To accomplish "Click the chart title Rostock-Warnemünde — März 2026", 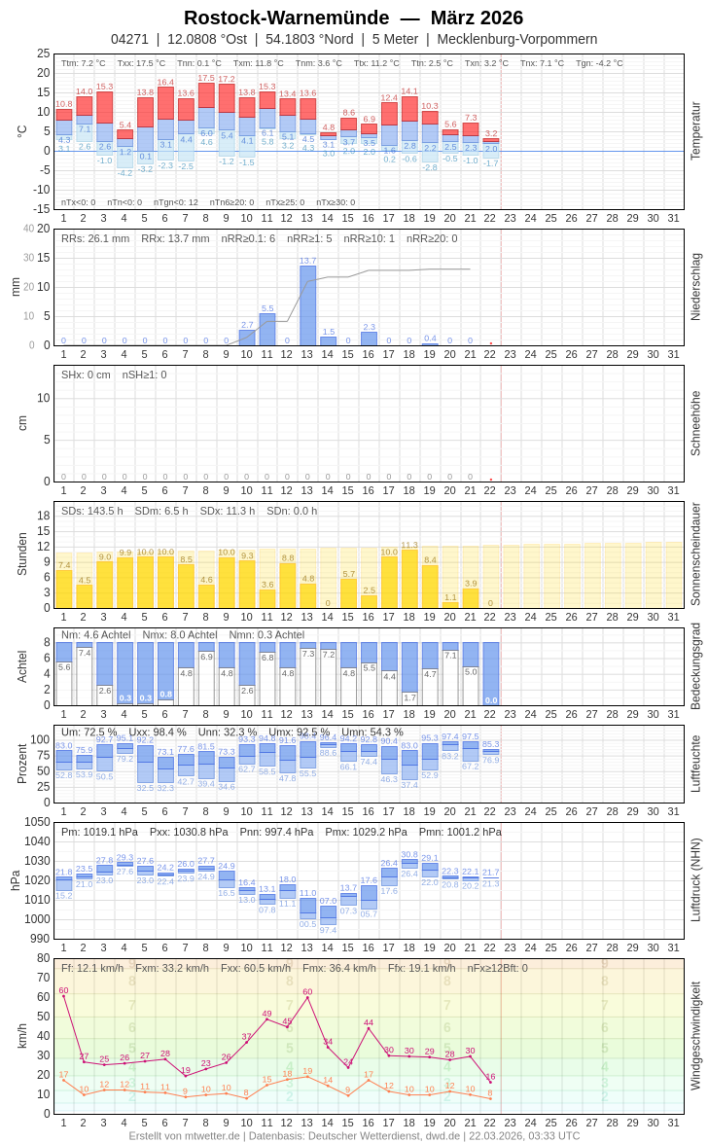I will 353,18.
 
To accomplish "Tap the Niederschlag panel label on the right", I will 695,287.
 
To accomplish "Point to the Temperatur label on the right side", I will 695,131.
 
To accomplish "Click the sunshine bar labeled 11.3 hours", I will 409,579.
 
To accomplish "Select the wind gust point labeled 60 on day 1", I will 63,996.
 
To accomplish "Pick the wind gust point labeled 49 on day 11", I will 267,1018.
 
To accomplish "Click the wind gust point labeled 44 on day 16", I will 369,1028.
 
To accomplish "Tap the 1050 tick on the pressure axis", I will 37,822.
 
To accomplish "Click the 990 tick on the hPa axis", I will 39,939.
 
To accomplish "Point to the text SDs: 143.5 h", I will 92,511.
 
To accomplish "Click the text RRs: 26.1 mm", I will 95,238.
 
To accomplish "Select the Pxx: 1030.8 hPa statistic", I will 189,832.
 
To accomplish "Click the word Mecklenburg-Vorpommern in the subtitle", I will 516,39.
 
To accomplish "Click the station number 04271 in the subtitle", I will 129,39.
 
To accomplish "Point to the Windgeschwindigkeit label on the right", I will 695,1035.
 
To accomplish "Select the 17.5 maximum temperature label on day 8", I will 206,78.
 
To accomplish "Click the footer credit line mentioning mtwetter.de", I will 354,1135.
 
